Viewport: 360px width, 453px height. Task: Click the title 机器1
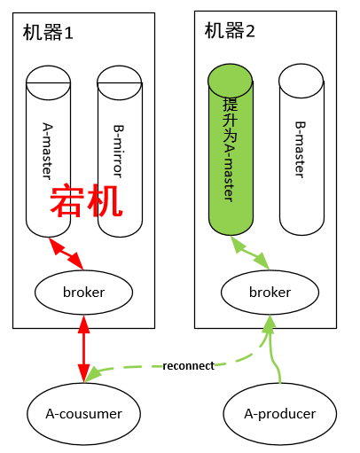tap(49, 33)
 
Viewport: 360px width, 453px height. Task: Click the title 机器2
tap(230, 31)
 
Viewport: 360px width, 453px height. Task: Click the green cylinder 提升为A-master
tap(231, 151)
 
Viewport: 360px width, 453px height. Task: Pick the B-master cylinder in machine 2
tap(301, 151)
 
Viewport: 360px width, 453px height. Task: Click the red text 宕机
tap(86, 202)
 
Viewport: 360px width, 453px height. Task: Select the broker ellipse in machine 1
tap(84, 292)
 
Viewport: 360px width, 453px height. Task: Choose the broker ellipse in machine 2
tap(270, 292)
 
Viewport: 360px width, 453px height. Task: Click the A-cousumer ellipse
tap(83, 412)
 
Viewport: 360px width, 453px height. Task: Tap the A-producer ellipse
tap(280, 412)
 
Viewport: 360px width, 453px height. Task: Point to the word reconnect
tap(188, 365)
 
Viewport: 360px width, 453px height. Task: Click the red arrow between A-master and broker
tap(67, 254)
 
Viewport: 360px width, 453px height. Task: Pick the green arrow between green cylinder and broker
tap(249, 254)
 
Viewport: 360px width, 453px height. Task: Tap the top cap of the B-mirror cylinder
tap(120, 78)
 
